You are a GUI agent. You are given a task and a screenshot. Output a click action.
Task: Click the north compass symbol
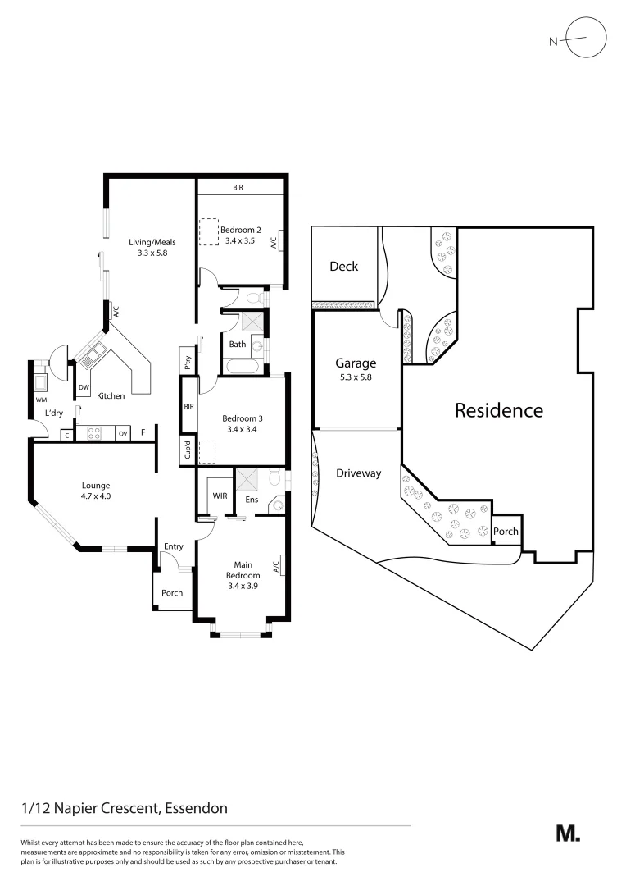point(586,39)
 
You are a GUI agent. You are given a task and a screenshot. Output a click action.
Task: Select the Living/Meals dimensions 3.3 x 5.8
point(152,253)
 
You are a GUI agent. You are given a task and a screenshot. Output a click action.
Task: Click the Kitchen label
point(111,396)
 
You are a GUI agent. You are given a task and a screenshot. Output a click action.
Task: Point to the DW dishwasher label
point(84,387)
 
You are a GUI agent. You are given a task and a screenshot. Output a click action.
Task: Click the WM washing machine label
point(39,400)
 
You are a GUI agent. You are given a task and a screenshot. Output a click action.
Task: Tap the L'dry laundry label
point(54,413)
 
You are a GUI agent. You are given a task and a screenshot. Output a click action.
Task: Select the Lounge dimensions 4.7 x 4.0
point(95,496)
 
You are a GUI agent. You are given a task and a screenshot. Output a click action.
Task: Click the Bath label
point(238,345)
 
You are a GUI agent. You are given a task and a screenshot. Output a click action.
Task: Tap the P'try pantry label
point(188,361)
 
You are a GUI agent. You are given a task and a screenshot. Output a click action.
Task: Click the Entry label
point(173,546)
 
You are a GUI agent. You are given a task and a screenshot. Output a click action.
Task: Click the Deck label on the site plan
point(343,266)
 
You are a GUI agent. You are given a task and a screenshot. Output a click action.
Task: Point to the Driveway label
point(358,473)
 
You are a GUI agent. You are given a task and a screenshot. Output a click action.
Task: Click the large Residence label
point(498,410)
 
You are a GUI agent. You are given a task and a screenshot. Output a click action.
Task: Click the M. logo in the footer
point(568,833)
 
